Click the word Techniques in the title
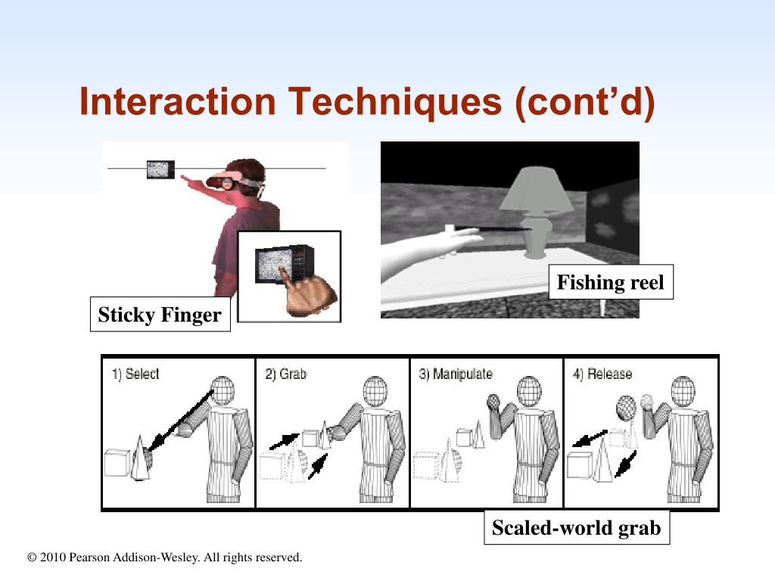click(395, 101)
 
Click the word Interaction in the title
click(177, 101)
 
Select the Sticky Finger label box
click(160, 314)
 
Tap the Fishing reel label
click(611, 282)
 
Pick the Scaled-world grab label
click(577, 527)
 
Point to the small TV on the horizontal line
click(160, 169)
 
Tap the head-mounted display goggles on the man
click(224, 182)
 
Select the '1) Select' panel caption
click(135, 374)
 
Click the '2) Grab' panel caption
click(285, 374)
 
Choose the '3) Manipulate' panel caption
click(455, 374)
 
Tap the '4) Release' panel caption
click(602, 374)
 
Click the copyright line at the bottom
click(164, 558)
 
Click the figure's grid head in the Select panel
click(223, 391)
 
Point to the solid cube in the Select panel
click(117, 463)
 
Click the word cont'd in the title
click(585, 102)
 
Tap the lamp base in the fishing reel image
click(536, 236)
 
